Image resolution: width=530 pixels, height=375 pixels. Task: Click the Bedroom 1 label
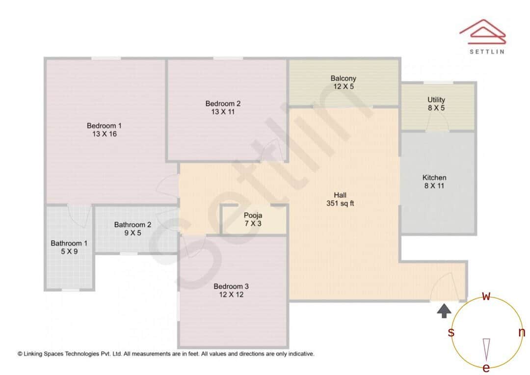pyautogui.click(x=104, y=126)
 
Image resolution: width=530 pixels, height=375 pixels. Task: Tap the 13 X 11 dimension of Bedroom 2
pyautogui.click(x=223, y=112)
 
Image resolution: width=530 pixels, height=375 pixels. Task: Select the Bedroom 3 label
pyautogui.click(x=231, y=287)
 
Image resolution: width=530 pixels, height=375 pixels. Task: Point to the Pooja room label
pyautogui.click(x=253, y=215)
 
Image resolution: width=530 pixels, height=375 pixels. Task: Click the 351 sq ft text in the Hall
pyautogui.click(x=340, y=204)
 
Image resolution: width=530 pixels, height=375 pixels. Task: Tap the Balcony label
pyautogui.click(x=344, y=79)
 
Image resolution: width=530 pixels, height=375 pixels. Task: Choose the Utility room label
pyautogui.click(x=436, y=100)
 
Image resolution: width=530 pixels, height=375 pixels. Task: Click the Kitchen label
pyautogui.click(x=435, y=178)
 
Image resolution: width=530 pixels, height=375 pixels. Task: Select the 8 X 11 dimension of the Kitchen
pyautogui.click(x=435, y=186)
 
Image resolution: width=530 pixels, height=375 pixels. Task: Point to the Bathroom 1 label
pyautogui.click(x=69, y=243)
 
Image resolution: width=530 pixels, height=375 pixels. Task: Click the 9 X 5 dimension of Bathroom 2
pyautogui.click(x=132, y=233)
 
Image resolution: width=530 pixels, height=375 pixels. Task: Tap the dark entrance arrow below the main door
pyautogui.click(x=444, y=310)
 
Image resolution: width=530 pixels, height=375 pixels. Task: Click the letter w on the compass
pyautogui.click(x=486, y=296)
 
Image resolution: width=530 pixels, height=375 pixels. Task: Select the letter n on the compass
pyautogui.click(x=522, y=333)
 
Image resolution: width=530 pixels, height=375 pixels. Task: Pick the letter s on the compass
pyautogui.click(x=451, y=333)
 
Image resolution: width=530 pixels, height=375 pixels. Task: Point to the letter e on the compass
pyautogui.click(x=486, y=368)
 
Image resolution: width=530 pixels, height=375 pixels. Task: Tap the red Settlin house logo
pyautogui.click(x=482, y=30)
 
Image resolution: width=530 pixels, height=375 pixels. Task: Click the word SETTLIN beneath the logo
pyautogui.click(x=487, y=51)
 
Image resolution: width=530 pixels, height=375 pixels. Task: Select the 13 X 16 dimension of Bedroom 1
pyautogui.click(x=104, y=134)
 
